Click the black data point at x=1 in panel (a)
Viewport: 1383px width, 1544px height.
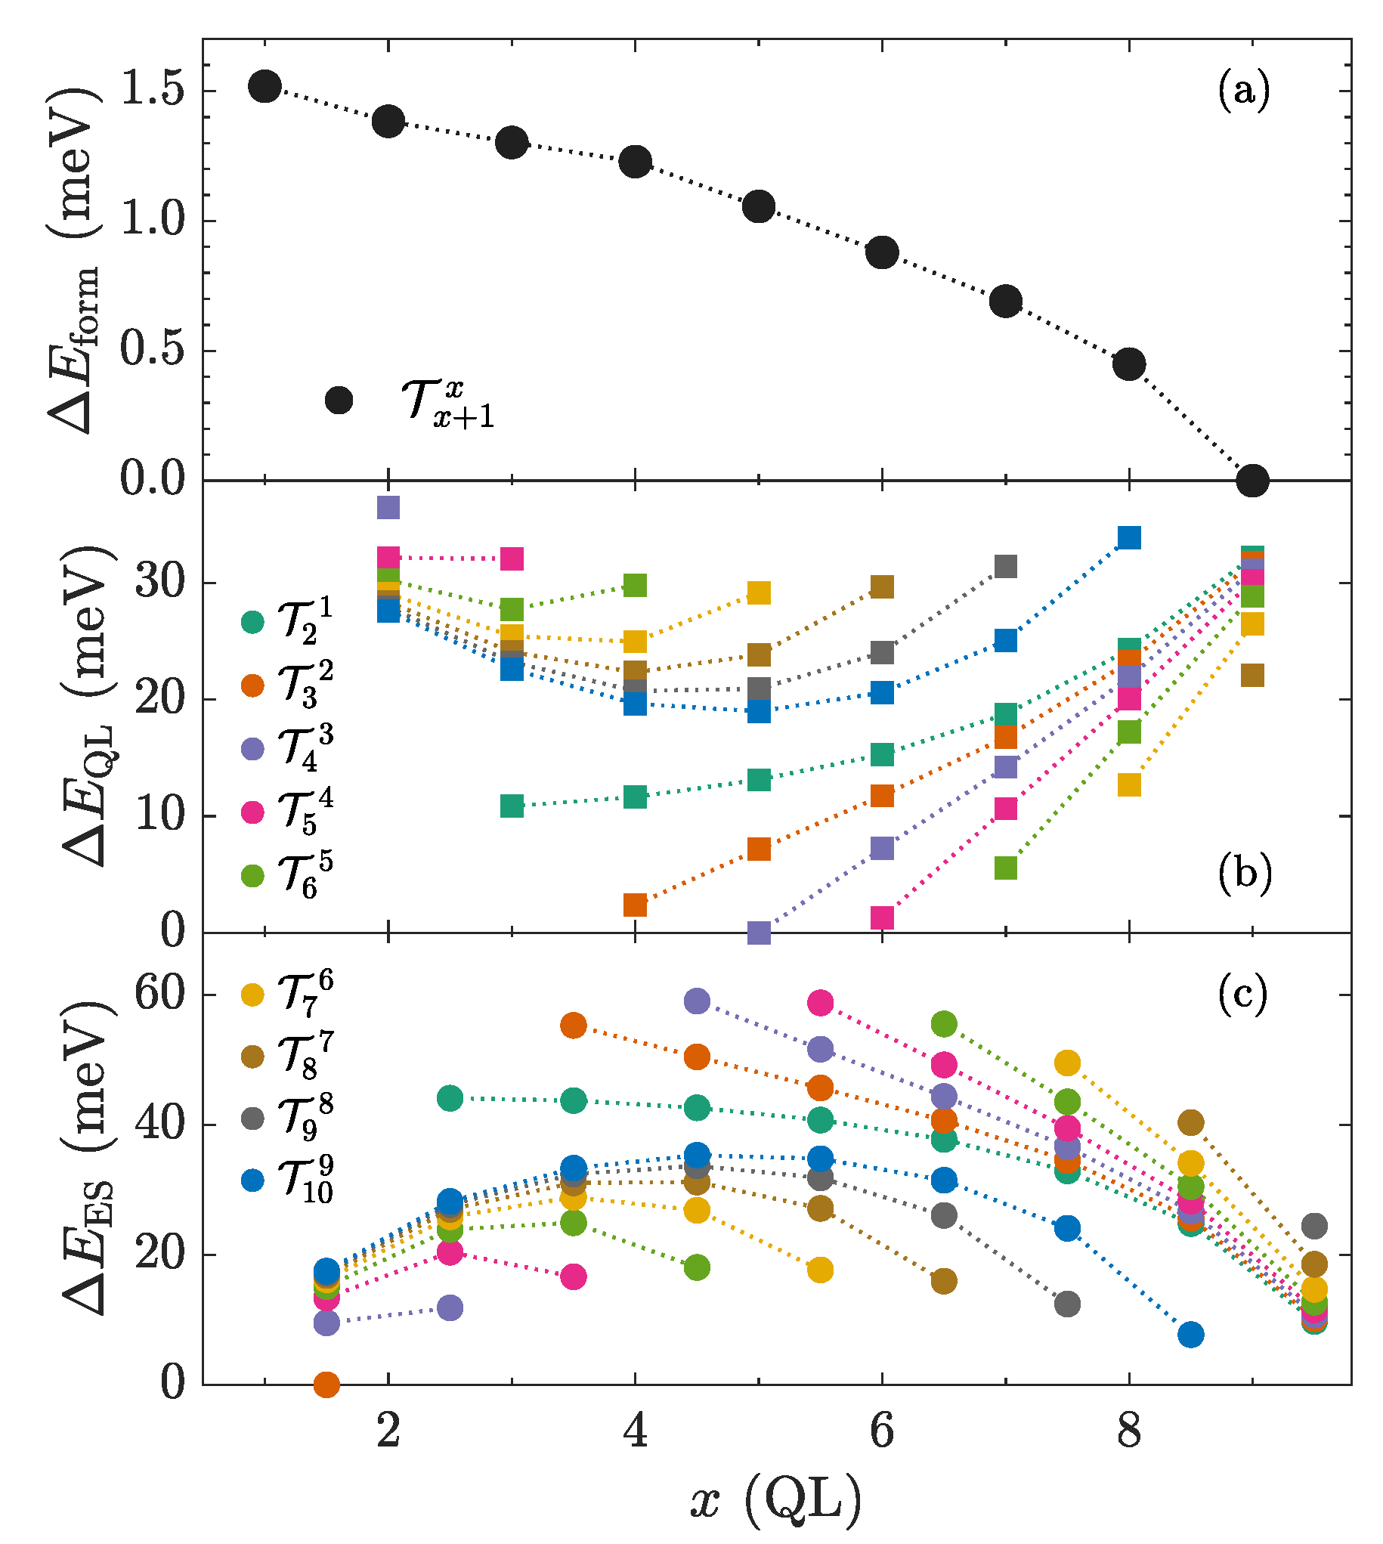265,86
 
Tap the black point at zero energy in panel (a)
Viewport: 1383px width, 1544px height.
1252,481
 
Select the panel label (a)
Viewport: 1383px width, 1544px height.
1243,92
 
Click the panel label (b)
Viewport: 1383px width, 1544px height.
1244,874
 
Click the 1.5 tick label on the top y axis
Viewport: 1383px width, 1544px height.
153,90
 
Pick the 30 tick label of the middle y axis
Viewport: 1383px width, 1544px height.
159,583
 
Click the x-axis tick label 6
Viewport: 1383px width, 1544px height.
881,1431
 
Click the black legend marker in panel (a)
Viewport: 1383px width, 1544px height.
339,400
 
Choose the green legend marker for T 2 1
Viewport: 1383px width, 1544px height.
252,621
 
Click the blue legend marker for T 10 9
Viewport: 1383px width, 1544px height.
252,1180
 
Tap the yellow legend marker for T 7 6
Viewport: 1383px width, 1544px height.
252,995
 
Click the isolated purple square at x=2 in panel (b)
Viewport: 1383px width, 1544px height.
388,507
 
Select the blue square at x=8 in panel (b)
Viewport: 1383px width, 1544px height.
1129,537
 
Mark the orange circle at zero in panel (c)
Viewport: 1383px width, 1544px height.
326,1384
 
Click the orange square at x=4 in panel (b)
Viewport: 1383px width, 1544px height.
635,905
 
